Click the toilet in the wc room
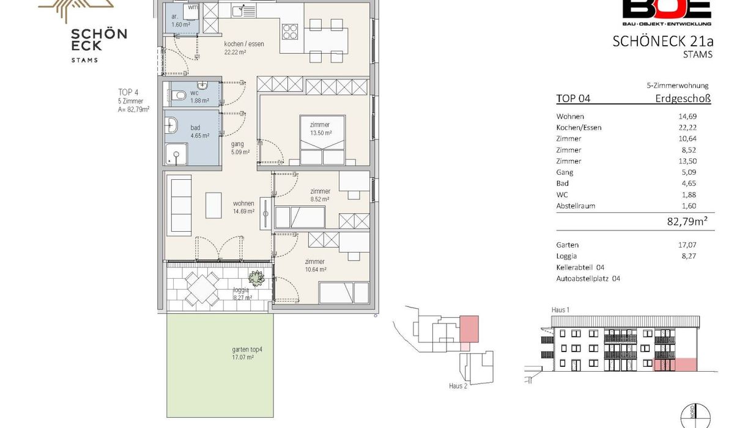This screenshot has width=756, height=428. [x=178, y=96]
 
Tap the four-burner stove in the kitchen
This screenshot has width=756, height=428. [x=290, y=32]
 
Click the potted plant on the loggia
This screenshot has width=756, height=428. [x=256, y=278]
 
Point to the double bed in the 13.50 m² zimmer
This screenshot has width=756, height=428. [x=322, y=140]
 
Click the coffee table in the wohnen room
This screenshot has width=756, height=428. [x=213, y=205]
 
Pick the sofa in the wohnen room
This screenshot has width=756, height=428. [x=179, y=205]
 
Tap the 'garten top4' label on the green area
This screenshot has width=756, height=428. [x=247, y=349]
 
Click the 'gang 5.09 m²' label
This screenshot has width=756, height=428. [x=240, y=148]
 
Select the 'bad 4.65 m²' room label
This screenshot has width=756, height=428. [x=200, y=131]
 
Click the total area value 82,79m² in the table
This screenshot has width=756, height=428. [x=687, y=221]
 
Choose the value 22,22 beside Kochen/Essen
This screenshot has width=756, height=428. [x=687, y=128]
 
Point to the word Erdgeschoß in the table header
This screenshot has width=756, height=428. [x=683, y=98]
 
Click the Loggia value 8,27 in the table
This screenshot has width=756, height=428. [x=689, y=256]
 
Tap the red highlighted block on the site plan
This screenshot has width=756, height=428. [x=469, y=329]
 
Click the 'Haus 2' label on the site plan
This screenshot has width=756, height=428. [x=458, y=386]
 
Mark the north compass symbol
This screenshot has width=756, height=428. [x=695, y=416]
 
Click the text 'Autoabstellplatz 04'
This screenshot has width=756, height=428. [x=588, y=279]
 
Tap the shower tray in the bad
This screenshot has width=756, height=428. [x=176, y=154]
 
